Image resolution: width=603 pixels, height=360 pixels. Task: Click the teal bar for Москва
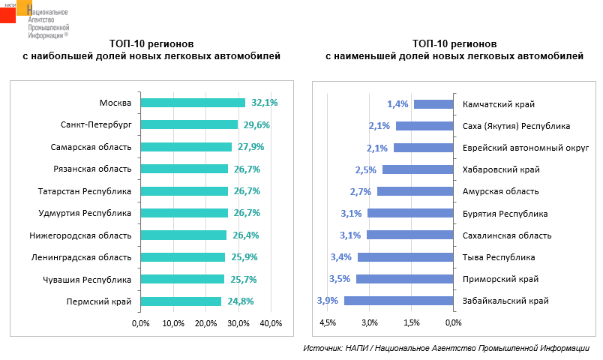click(x=193, y=103)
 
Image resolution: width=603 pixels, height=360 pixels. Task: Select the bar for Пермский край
click(x=181, y=301)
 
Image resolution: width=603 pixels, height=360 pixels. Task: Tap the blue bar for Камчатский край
click(x=433, y=104)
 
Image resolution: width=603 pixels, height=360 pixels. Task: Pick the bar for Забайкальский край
click(x=399, y=301)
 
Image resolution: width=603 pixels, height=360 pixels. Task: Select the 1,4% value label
click(x=397, y=104)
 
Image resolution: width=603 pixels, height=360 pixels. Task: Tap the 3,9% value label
click(x=328, y=301)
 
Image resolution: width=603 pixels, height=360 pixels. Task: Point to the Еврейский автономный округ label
click(x=514, y=148)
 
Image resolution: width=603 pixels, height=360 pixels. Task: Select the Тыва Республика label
click(x=499, y=257)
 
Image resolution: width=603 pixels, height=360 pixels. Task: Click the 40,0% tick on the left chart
click(x=271, y=323)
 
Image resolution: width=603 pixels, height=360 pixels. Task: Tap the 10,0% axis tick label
click(x=173, y=323)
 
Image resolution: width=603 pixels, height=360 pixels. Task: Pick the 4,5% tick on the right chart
click(x=328, y=323)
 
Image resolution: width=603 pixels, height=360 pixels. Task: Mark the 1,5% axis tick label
click(x=411, y=323)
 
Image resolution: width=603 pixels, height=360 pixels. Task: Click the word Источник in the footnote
click(x=323, y=349)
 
